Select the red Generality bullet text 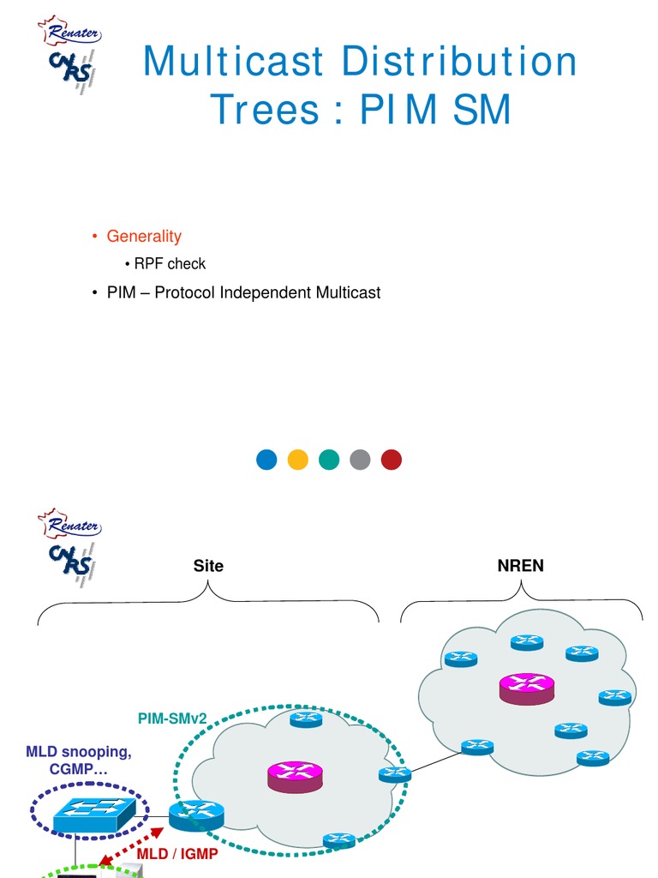click(x=144, y=236)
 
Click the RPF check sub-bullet click(x=170, y=263)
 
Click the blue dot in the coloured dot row click(x=267, y=460)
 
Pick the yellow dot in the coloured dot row click(x=298, y=460)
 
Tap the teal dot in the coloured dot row click(x=329, y=460)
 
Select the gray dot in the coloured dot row click(x=360, y=460)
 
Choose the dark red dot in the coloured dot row click(x=391, y=460)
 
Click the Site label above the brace click(x=208, y=566)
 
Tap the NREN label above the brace click(x=520, y=566)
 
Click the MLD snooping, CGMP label click(x=79, y=761)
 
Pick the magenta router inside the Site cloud click(x=293, y=776)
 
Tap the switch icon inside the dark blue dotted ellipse click(x=87, y=811)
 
